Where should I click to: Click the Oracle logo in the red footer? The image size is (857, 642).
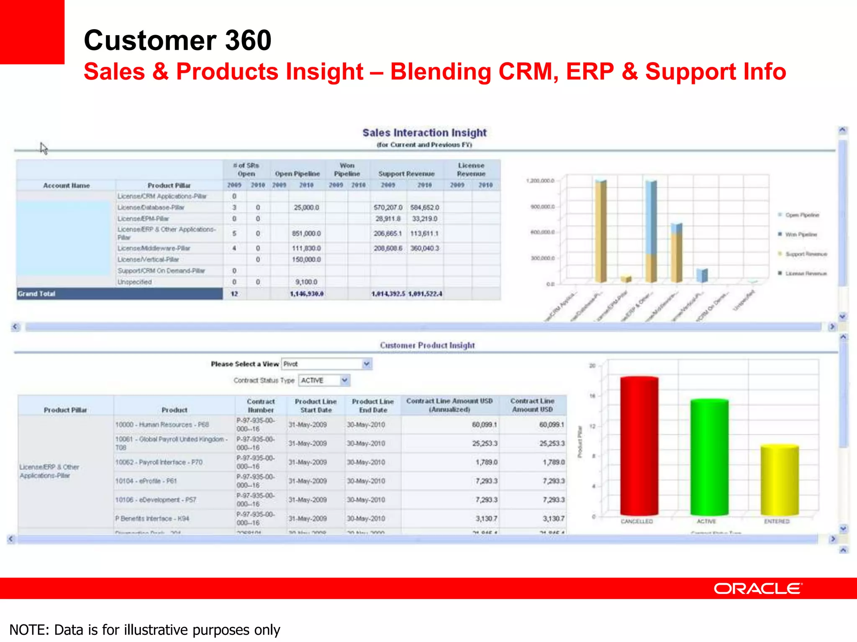[x=758, y=588]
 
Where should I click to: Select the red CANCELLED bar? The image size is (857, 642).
[x=639, y=446]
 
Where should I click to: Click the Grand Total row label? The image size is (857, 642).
[x=36, y=294]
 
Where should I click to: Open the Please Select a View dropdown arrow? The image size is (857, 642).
[x=367, y=364]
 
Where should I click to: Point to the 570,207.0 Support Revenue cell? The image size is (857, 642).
[x=387, y=208]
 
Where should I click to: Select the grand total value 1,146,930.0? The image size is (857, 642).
[x=306, y=294]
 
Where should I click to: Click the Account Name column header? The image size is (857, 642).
[x=66, y=186]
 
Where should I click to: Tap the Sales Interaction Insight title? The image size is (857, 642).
[x=424, y=133]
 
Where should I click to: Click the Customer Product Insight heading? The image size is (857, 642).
[x=427, y=345]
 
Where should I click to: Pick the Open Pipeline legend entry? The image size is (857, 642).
[x=801, y=215]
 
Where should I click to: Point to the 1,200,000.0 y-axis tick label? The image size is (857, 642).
[x=540, y=181]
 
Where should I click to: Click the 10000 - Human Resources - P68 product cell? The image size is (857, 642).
[x=162, y=425]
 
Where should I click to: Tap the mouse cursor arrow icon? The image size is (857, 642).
[x=44, y=148]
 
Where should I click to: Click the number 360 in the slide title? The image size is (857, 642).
[x=248, y=41]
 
